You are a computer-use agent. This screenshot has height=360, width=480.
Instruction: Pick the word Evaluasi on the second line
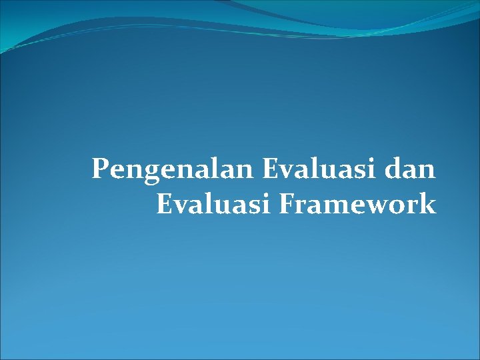(214, 204)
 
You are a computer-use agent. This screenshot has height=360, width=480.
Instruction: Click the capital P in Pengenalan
(100, 169)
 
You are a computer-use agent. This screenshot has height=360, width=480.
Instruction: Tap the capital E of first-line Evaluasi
(271, 169)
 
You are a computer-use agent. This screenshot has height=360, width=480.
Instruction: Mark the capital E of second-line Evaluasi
(164, 204)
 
